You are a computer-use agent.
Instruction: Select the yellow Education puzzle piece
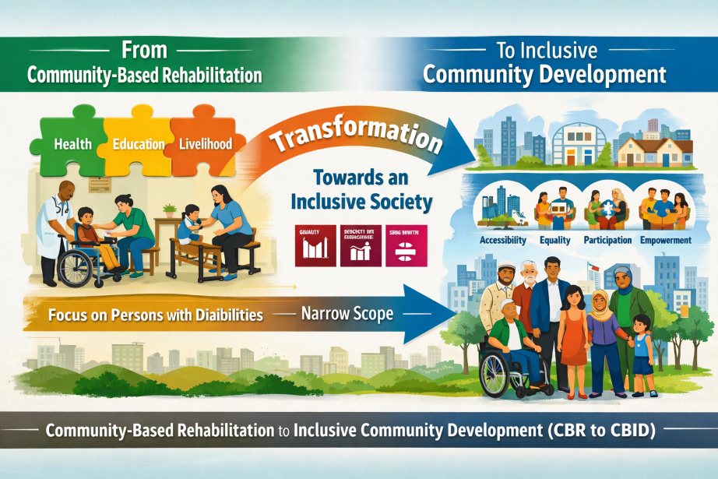click(138, 144)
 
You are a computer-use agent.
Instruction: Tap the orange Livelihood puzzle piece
click(205, 144)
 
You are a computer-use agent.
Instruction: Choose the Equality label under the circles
click(554, 240)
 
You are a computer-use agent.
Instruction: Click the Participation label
click(607, 240)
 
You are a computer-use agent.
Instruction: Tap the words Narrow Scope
click(348, 317)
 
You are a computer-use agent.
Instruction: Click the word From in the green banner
click(144, 52)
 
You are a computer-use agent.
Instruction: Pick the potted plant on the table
click(168, 210)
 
